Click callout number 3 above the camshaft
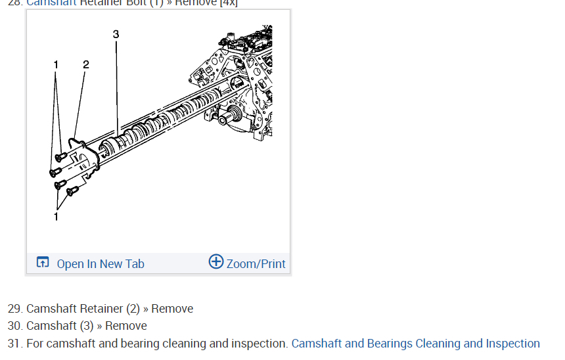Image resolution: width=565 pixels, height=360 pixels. point(116,34)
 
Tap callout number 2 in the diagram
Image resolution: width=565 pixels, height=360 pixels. point(86,64)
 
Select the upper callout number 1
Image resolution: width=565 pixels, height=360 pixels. point(56,64)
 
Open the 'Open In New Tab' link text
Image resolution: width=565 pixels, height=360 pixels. point(101,264)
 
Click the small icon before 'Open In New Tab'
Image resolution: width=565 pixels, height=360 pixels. point(43,263)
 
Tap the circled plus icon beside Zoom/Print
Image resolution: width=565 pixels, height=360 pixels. point(216,261)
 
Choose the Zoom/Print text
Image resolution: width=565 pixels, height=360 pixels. point(256,264)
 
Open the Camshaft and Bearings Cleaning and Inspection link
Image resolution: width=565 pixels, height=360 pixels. point(415,344)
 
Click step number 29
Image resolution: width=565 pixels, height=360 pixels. point(14,309)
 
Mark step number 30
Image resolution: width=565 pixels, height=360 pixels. point(14,326)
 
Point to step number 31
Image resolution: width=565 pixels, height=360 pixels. point(14,344)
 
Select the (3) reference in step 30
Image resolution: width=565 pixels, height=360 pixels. point(87,326)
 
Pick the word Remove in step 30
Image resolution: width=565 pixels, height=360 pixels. point(126,326)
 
